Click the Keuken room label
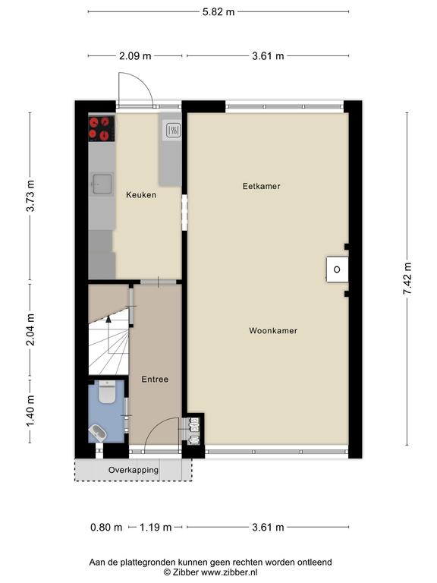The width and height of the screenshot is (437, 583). (x=141, y=194)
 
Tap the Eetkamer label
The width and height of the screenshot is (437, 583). (x=261, y=186)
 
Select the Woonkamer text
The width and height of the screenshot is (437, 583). (x=273, y=330)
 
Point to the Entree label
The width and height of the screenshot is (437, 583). (x=155, y=380)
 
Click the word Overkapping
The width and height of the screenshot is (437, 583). (x=134, y=470)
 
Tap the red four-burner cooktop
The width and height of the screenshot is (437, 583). (x=102, y=128)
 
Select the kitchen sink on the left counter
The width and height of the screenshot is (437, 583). (x=102, y=184)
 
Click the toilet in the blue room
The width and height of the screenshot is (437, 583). (x=107, y=392)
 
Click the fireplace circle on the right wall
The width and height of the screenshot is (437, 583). (x=337, y=269)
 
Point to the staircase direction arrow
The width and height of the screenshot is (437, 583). (x=108, y=319)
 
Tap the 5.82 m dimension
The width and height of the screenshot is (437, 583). (x=218, y=12)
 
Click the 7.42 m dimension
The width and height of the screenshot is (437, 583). (x=407, y=279)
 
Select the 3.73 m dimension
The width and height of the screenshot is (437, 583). (x=30, y=196)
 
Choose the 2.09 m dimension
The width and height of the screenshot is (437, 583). (x=135, y=56)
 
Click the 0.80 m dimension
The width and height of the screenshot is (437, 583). (x=106, y=528)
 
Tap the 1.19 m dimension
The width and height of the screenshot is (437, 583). (x=156, y=528)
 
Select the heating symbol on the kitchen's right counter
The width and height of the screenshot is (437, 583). (x=173, y=130)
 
